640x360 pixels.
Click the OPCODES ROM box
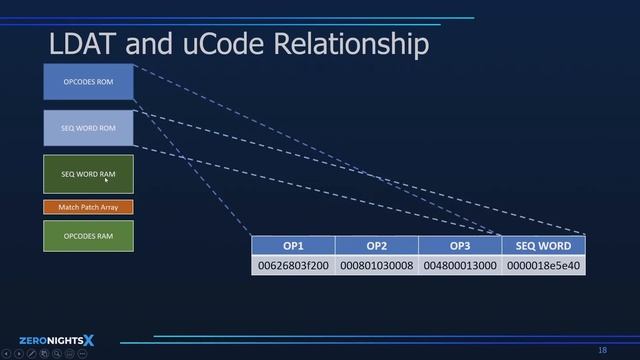(88, 82)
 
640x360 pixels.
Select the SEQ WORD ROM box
(88, 128)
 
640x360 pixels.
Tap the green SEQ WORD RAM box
(88, 174)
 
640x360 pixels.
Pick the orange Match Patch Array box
(88, 207)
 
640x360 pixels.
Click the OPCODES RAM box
(88, 236)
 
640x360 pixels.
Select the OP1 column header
(293, 246)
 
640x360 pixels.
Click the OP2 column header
(376, 246)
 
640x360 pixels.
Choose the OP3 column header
(459, 246)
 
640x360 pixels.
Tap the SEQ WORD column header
(543, 246)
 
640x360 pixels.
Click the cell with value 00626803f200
(293, 266)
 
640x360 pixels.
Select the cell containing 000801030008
(376, 266)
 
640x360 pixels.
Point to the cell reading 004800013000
(459, 266)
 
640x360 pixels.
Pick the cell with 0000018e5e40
(543, 266)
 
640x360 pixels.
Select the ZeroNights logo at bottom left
(56, 340)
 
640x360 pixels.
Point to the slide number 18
(602, 350)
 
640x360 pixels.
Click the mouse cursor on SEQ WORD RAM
(106, 180)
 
